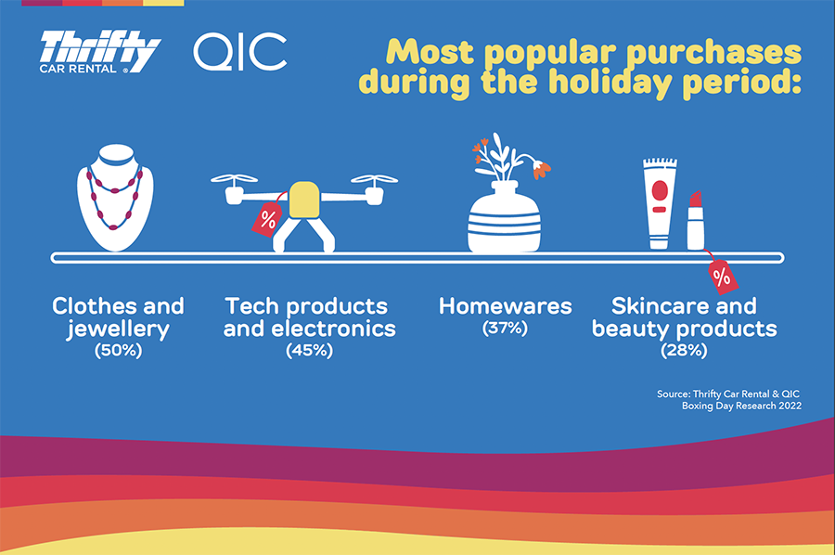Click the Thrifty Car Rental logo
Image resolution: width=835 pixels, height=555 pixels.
click(99, 52)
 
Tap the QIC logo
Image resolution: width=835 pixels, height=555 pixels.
click(239, 52)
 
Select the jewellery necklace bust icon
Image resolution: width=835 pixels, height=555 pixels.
click(115, 197)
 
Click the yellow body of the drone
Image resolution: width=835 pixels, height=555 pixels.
click(304, 200)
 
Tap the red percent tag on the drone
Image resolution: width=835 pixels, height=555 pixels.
click(267, 219)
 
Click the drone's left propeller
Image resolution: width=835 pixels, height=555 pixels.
click(235, 179)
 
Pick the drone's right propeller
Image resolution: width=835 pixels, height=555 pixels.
click(374, 179)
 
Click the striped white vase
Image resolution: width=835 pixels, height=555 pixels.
click(505, 217)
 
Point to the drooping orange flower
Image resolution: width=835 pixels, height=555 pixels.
click(541, 169)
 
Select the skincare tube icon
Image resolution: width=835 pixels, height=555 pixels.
click(660, 203)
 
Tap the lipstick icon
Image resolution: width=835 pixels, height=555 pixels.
click(696, 220)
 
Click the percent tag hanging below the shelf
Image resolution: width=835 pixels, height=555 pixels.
click(723, 277)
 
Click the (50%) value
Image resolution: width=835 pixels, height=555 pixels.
click(118, 351)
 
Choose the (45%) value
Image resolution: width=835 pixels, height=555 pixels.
click(309, 351)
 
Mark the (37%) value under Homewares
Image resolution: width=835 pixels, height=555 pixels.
click(505, 329)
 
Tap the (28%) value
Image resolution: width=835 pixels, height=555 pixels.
click(685, 351)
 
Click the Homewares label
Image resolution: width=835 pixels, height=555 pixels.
click(505, 306)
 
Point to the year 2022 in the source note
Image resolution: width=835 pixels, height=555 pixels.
click(790, 406)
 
